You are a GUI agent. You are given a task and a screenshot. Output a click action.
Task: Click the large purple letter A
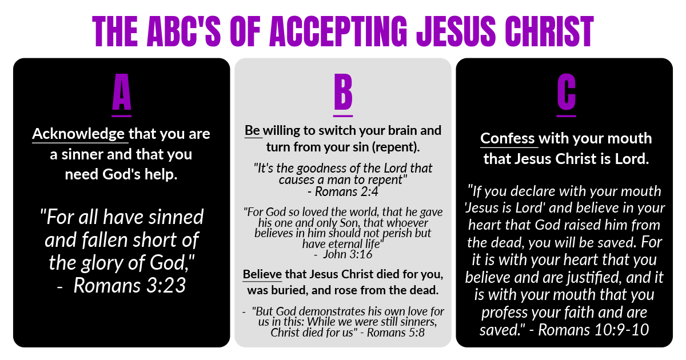[x=122, y=92]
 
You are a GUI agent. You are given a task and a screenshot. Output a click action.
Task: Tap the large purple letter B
[x=343, y=92]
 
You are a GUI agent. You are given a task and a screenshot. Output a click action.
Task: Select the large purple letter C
[x=567, y=92]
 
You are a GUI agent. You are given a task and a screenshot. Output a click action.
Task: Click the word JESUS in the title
[x=456, y=31]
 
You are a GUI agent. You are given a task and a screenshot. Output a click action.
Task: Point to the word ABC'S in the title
[x=184, y=31]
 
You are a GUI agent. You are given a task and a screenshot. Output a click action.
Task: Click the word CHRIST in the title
[x=549, y=31]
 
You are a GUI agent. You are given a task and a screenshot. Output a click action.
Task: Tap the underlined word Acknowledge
[x=78, y=134]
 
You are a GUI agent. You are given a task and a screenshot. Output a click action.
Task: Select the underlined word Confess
[x=508, y=138]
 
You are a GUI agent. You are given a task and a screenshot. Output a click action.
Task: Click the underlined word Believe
[x=262, y=274]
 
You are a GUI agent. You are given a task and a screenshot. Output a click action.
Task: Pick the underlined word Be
[x=252, y=131]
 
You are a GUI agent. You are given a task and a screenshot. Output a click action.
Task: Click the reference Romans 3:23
[x=130, y=285]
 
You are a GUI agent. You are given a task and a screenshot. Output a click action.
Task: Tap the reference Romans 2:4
[x=346, y=191]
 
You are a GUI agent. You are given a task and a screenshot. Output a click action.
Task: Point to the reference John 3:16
[x=348, y=254]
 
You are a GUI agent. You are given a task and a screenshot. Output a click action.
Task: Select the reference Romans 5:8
[x=396, y=333]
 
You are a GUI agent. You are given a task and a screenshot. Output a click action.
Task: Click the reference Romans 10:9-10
[x=593, y=330]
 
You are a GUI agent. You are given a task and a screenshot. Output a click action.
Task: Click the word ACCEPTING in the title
[x=338, y=31]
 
